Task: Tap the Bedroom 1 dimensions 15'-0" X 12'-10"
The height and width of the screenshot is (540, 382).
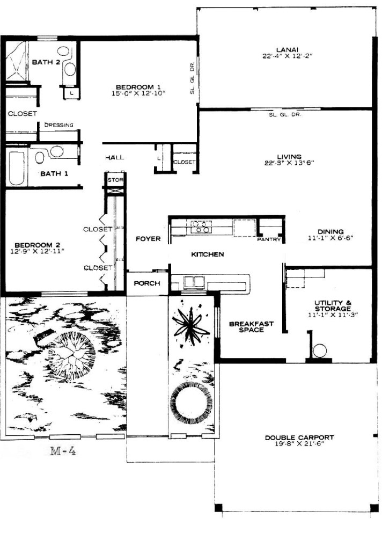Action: coord(139,93)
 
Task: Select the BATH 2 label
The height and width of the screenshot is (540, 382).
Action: coord(46,62)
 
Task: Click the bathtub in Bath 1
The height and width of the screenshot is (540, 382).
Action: coord(17,168)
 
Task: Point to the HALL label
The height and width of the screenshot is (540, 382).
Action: coord(115,157)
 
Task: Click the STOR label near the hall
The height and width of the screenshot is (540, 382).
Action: coord(115,180)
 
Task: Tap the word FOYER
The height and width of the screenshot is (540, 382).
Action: coord(148,238)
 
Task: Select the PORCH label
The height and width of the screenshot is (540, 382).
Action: coord(147,283)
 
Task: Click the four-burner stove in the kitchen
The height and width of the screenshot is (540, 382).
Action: coord(201,226)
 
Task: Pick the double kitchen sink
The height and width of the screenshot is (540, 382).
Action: coord(193,282)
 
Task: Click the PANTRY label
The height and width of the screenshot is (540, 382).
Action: coord(269,239)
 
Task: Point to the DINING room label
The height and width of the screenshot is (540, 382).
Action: coord(330,231)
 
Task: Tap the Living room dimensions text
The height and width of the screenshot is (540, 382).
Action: coord(289,163)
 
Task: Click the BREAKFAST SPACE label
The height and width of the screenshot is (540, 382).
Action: coord(251,326)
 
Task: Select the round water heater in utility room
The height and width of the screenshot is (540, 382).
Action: coord(319,351)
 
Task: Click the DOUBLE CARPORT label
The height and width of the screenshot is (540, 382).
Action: coord(299,437)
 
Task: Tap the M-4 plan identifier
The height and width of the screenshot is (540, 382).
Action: coord(63,450)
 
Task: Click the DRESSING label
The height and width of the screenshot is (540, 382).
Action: coord(59,125)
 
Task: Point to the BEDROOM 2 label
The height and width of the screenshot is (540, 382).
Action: coord(38,245)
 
